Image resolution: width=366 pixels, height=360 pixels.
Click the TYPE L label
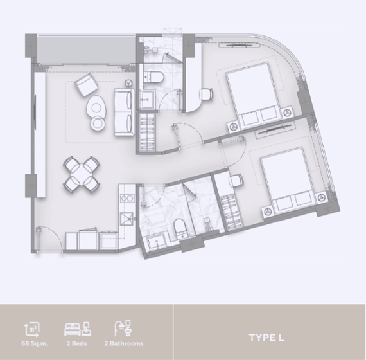tap(266, 337)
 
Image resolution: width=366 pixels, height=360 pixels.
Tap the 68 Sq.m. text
tap(35, 343)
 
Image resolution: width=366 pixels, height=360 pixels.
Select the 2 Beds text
tap(77, 343)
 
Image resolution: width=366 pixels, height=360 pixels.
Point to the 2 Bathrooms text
tap(124, 343)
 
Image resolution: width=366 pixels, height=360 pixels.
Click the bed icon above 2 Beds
tap(78, 328)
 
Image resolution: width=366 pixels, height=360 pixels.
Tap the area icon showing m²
tap(32, 330)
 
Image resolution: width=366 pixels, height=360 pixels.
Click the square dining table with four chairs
tap(82, 174)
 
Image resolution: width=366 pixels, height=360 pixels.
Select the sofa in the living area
tap(125, 112)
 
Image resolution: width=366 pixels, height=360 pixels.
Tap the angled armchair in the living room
tap(86, 85)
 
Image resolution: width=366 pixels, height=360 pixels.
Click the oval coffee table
tap(96, 108)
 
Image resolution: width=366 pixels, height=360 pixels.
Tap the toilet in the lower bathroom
tap(180, 229)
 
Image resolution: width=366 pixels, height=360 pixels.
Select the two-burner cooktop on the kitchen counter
tap(127, 199)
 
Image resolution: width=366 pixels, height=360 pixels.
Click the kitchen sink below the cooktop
tap(126, 219)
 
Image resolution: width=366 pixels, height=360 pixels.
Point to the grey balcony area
tap(87, 50)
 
